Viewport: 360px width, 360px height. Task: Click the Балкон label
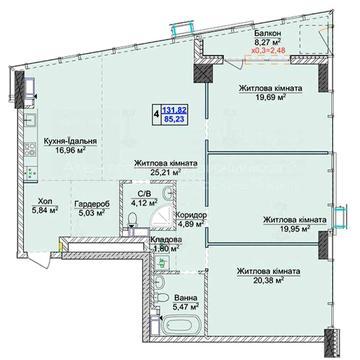[268, 34]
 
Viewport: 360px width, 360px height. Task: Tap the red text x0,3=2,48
[268, 51]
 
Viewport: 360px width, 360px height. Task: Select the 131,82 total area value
[175, 109]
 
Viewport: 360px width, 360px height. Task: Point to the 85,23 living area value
[173, 118]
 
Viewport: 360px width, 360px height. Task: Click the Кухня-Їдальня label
[70, 142]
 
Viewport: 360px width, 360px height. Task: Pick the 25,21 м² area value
[165, 172]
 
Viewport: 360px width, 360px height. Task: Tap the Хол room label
[45, 201]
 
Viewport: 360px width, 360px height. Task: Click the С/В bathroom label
[143, 193]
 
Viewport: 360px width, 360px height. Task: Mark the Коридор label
[190, 215]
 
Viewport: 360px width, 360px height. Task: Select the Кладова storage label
[166, 240]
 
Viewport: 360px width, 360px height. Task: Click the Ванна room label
[187, 298]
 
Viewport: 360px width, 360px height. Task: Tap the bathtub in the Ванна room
[180, 325]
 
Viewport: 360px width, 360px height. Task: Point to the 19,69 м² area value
[271, 97]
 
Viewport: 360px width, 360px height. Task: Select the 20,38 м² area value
[268, 280]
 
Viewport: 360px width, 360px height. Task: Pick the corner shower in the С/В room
[162, 215]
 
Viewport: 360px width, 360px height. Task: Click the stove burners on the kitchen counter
[31, 149]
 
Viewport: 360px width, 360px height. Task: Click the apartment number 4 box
[156, 114]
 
